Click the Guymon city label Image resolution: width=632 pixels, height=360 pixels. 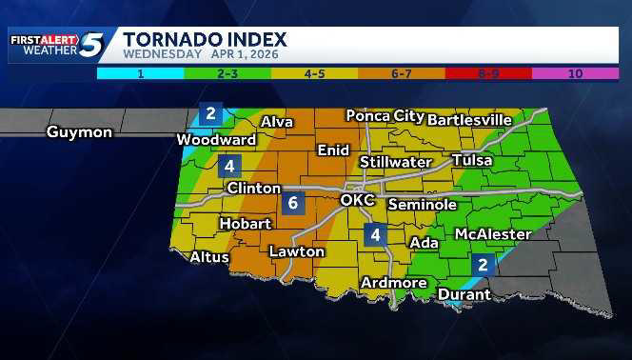pos(79,132)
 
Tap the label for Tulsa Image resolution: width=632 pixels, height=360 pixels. pos(472,160)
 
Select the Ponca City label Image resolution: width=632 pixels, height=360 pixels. pos(385,116)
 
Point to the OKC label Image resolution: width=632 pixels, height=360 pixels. pos(360,201)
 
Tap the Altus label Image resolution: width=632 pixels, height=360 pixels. pos(209,257)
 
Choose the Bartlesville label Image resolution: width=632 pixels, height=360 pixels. pos(470,120)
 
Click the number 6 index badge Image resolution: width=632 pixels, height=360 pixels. pos(293,203)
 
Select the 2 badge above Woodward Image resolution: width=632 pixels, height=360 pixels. pos(210,114)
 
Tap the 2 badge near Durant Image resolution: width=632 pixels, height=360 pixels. pos(483,265)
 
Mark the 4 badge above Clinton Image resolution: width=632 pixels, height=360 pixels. pos(228,166)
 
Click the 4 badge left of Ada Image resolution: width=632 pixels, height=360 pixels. pos(376,234)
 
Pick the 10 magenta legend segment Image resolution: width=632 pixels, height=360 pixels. pos(575,71)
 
